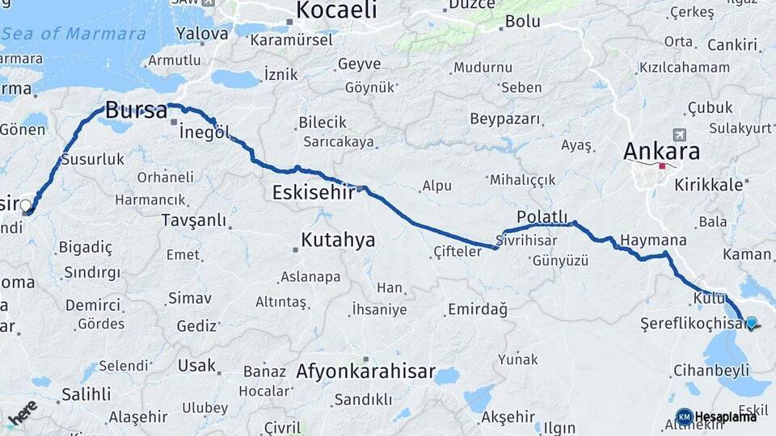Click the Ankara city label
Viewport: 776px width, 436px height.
[662, 151]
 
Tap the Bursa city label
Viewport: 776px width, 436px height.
[137, 111]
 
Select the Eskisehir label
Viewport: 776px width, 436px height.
[314, 192]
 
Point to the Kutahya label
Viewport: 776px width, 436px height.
[338, 240]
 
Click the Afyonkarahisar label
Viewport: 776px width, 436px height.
[365, 373]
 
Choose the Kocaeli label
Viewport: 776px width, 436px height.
[336, 10]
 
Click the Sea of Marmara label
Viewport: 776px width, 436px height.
[74, 34]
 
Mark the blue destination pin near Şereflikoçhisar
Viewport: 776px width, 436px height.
[752, 323]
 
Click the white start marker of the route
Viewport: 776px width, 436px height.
[26, 206]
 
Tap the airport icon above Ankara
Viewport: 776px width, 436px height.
[678, 134]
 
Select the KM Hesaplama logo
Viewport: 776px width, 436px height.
[717, 417]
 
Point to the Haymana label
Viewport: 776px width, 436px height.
[653, 241]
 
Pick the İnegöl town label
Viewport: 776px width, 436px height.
[205, 132]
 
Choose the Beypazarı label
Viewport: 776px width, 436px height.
[505, 119]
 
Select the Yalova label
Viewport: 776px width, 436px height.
[202, 34]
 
